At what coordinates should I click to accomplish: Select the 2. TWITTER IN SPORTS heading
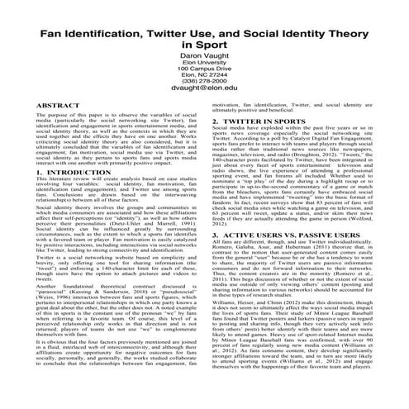(x=260, y=121)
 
